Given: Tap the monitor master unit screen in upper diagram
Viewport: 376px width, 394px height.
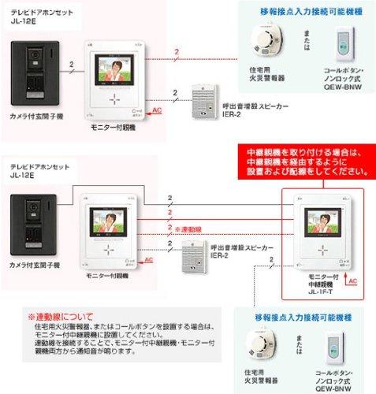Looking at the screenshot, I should pyautogui.click(x=114, y=71).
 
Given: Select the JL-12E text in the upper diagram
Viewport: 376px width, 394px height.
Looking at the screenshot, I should pyautogui.click(x=21, y=23).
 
